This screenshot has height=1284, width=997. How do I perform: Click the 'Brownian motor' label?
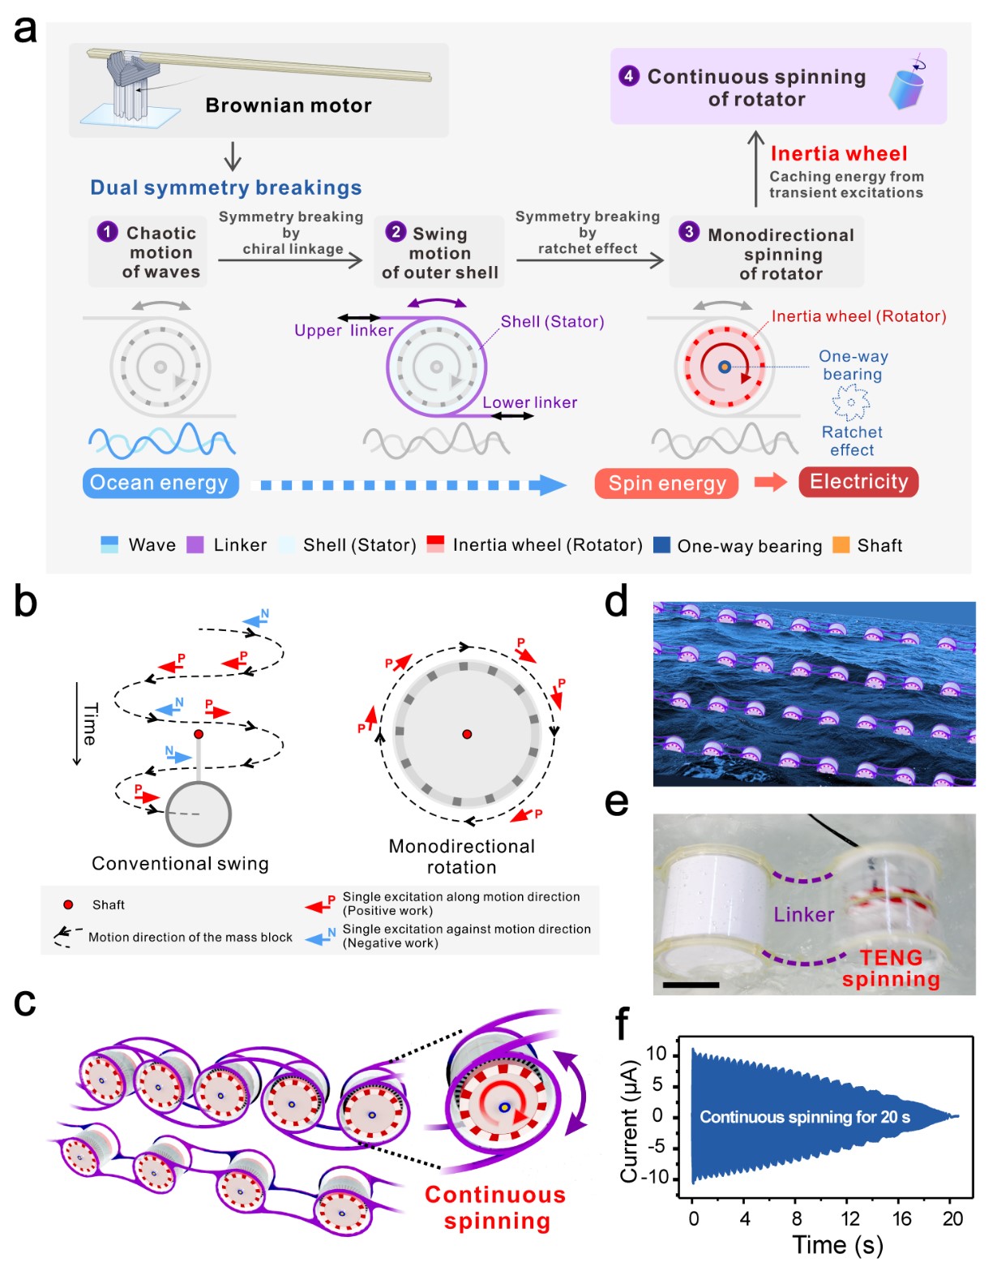(x=288, y=105)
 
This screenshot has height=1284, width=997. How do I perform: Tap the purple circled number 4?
(x=629, y=76)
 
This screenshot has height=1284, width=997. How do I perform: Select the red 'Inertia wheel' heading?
(x=839, y=153)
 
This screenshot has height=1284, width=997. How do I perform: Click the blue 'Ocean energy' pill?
(x=160, y=483)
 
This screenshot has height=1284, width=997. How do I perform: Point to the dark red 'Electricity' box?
(x=858, y=482)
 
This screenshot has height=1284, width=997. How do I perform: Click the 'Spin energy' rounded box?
(x=666, y=483)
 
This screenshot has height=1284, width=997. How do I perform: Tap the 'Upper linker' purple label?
(x=344, y=330)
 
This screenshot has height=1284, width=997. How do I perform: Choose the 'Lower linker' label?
(x=529, y=402)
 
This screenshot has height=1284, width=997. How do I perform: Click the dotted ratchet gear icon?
(x=850, y=402)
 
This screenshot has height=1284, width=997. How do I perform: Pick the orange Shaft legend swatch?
(x=841, y=544)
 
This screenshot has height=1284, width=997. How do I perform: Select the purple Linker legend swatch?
(x=195, y=544)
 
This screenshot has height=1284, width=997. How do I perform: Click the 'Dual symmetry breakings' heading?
(x=225, y=188)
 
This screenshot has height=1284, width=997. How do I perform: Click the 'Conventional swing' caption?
(x=180, y=864)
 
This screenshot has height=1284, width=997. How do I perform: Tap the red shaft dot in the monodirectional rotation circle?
(x=467, y=735)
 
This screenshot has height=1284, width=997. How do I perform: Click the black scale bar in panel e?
(x=691, y=985)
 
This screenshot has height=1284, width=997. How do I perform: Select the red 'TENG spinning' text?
(x=891, y=968)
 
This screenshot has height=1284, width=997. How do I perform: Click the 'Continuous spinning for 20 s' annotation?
(x=805, y=1117)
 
